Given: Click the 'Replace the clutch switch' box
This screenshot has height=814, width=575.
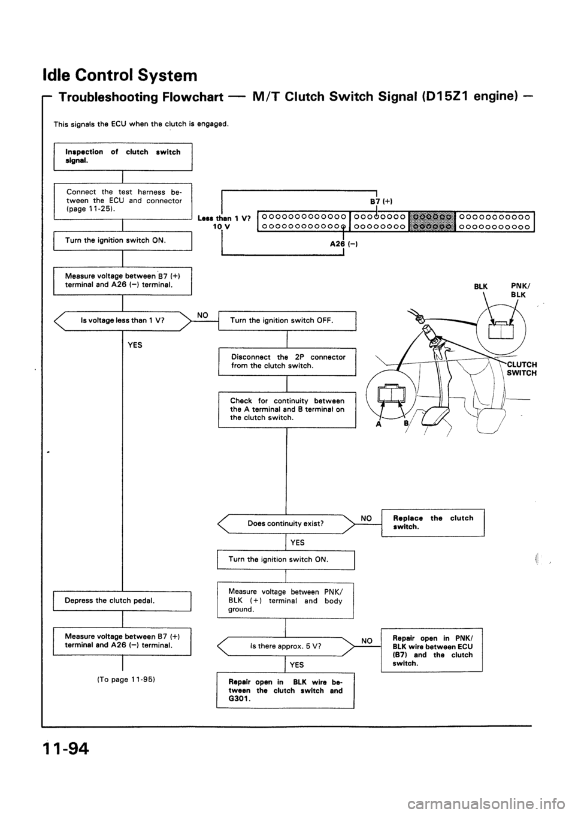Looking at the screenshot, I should (432, 521).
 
